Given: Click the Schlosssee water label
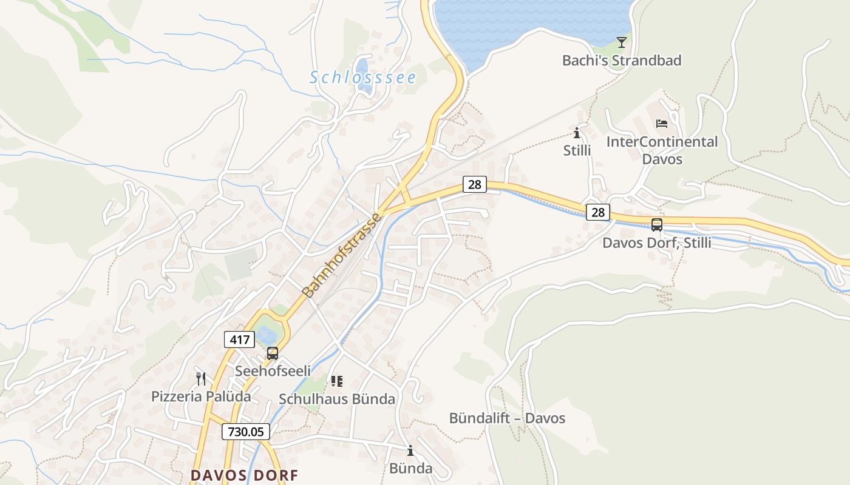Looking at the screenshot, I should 363,78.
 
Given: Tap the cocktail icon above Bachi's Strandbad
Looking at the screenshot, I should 621,42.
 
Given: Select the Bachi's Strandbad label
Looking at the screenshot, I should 621,61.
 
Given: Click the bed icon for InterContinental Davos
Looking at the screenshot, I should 662,124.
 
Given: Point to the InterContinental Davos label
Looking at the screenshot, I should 662,150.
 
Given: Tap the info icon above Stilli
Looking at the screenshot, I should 576,133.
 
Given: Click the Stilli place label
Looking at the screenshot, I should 577,150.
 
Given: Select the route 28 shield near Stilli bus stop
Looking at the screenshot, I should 598,212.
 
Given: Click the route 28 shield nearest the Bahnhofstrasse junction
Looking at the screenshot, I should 475,184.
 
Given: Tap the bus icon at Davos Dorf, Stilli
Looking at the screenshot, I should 656,225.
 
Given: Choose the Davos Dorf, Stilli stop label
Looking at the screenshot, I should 656,243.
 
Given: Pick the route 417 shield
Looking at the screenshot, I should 239,339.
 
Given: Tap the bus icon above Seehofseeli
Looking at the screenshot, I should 273,353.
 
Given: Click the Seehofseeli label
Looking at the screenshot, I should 273,370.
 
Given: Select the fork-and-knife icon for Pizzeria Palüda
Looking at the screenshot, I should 201,379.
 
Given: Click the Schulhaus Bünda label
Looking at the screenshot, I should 336,399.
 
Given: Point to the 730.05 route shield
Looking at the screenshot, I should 245,432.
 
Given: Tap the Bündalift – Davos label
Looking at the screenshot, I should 507,418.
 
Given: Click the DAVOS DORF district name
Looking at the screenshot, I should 245,475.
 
